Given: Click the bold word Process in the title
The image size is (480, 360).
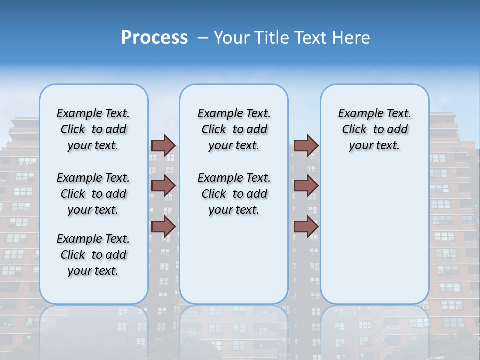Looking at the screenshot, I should pyautogui.click(x=154, y=38).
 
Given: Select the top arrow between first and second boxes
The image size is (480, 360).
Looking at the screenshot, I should pyautogui.click(x=163, y=145).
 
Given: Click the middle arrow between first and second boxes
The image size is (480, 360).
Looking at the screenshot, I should pyautogui.click(x=163, y=186).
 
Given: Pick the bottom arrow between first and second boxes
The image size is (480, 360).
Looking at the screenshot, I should pyautogui.click(x=163, y=226).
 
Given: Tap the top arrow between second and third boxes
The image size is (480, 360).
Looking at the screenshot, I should pyautogui.click(x=306, y=145).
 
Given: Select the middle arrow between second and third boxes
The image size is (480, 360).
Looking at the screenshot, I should pyautogui.click(x=306, y=186).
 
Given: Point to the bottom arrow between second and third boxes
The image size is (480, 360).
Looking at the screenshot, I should pyautogui.click(x=306, y=226).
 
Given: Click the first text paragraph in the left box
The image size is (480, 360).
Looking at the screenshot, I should pyautogui.click(x=93, y=129).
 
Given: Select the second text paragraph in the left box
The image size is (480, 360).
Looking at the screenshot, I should pyautogui.click(x=93, y=194).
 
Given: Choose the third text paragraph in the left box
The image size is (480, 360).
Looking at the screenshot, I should pyautogui.click(x=93, y=255).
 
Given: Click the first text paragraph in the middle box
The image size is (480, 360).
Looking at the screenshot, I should pyautogui.click(x=234, y=129).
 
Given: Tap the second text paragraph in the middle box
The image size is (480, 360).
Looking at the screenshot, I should pyautogui.click(x=234, y=194).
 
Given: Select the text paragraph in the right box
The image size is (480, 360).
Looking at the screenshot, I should pyautogui.click(x=374, y=129).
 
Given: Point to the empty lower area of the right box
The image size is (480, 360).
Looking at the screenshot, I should pyautogui.click(x=374, y=235).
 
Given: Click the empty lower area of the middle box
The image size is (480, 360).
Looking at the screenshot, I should pyautogui.click(x=234, y=260).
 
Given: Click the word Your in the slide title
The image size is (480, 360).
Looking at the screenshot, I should pyautogui.click(x=231, y=38).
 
